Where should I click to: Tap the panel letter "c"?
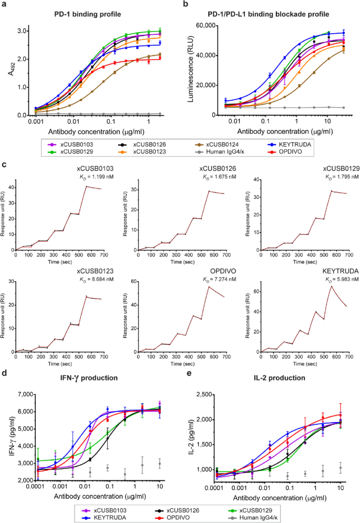5,165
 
